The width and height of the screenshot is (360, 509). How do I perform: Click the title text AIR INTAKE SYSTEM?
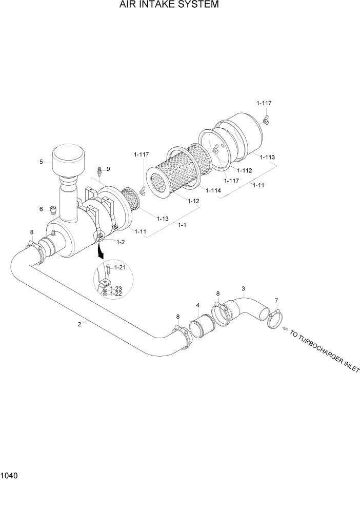[x=162, y=5]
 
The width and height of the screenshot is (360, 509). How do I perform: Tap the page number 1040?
[x=9, y=476]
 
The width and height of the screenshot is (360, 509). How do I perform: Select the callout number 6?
[x=41, y=209]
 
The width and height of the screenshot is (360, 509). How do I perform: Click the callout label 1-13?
[x=163, y=219]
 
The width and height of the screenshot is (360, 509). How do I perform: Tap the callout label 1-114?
[x=213, y=191]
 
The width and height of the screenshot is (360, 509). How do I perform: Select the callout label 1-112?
[x=244, y=170]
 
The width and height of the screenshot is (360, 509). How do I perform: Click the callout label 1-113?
[x=267, y=157]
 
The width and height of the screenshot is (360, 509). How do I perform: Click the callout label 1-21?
[x=119, y=267]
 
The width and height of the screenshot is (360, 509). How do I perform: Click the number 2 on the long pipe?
[x=79, y=324]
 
